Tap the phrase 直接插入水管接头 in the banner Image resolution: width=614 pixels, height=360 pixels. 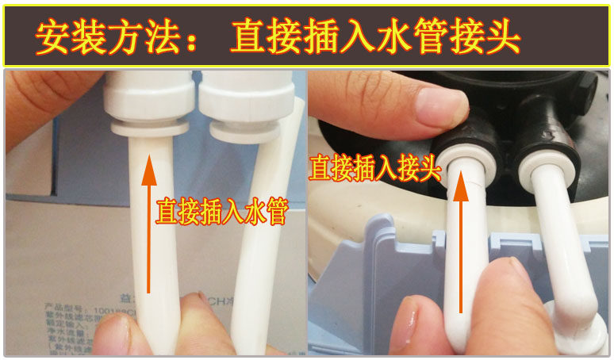pyautogui.click(x=374, y=36)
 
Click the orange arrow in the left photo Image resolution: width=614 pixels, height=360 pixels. pyautogui.click(x=148, y=222)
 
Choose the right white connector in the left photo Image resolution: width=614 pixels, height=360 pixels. pyautogui.click(x=232, y=103)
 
